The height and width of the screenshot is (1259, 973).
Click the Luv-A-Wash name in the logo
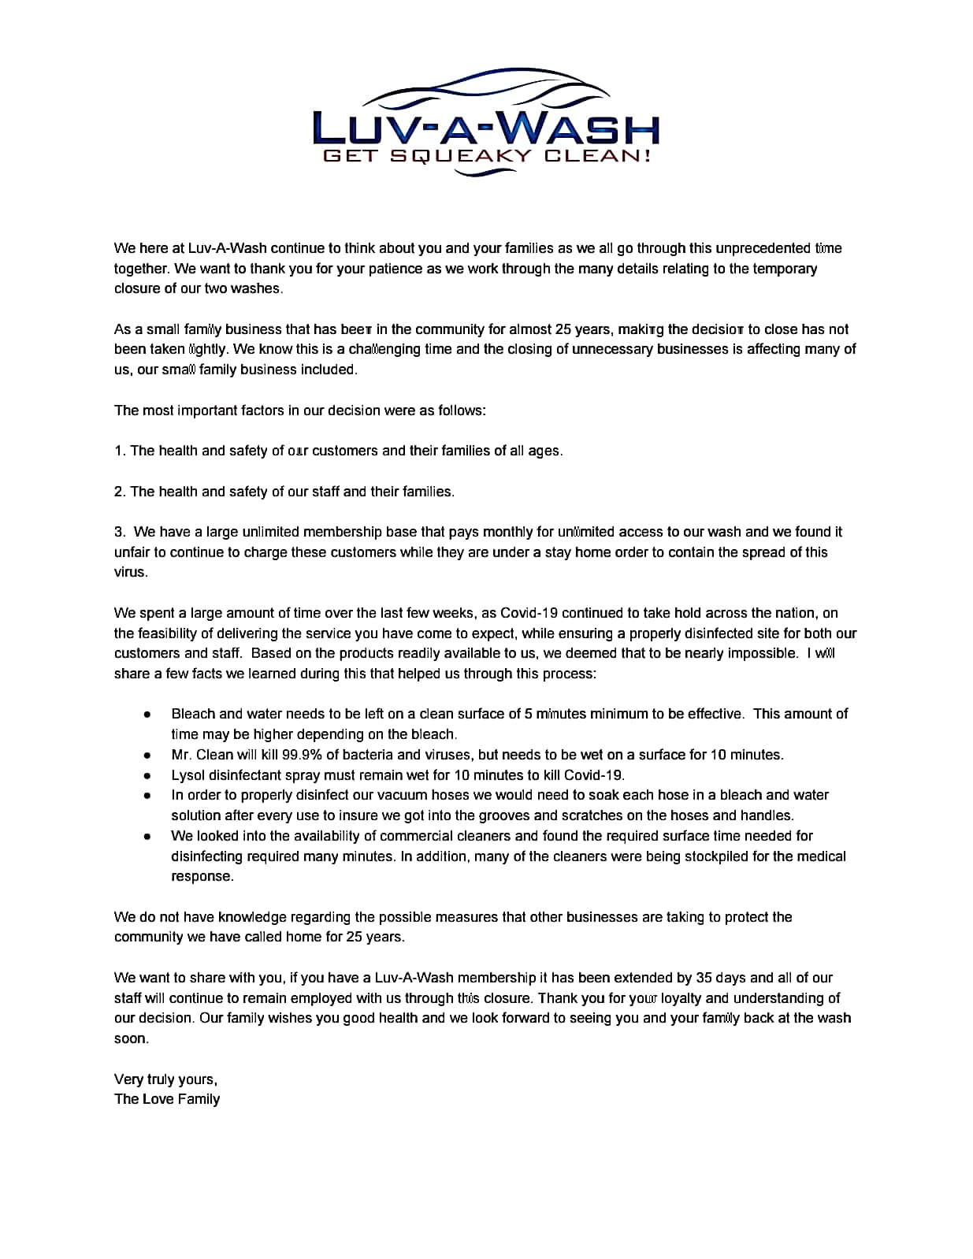point(486,127)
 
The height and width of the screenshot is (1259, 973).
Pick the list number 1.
point(119,451)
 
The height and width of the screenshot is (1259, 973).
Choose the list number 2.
point(119,492)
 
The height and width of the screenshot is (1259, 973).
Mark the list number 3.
point(119,532)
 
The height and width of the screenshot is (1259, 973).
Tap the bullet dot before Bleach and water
point(147,714)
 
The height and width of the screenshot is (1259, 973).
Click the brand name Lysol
point(188,775)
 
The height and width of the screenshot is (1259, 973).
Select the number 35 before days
point(704,978)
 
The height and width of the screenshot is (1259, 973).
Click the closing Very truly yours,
point(165,1079)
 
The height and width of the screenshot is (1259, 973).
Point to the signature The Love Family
point(167,1099)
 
